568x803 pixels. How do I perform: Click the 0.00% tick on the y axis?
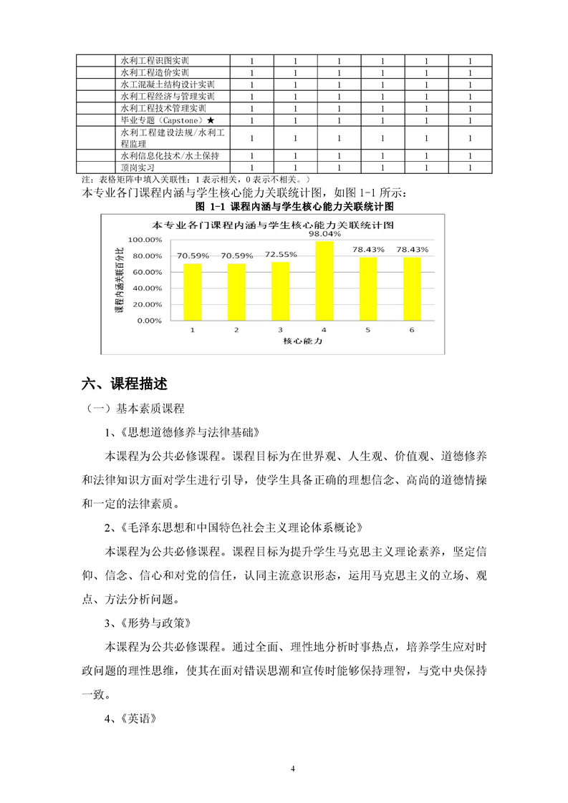tap(148, 321)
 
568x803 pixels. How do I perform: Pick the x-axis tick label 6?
tap(412, 330)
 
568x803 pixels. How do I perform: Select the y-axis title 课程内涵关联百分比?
tap(119, 280)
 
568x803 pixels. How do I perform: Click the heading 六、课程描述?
tap(125, 384)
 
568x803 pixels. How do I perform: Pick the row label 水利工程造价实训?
tap(155, 73)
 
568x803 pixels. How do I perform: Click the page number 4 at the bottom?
tap(293, 769)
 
